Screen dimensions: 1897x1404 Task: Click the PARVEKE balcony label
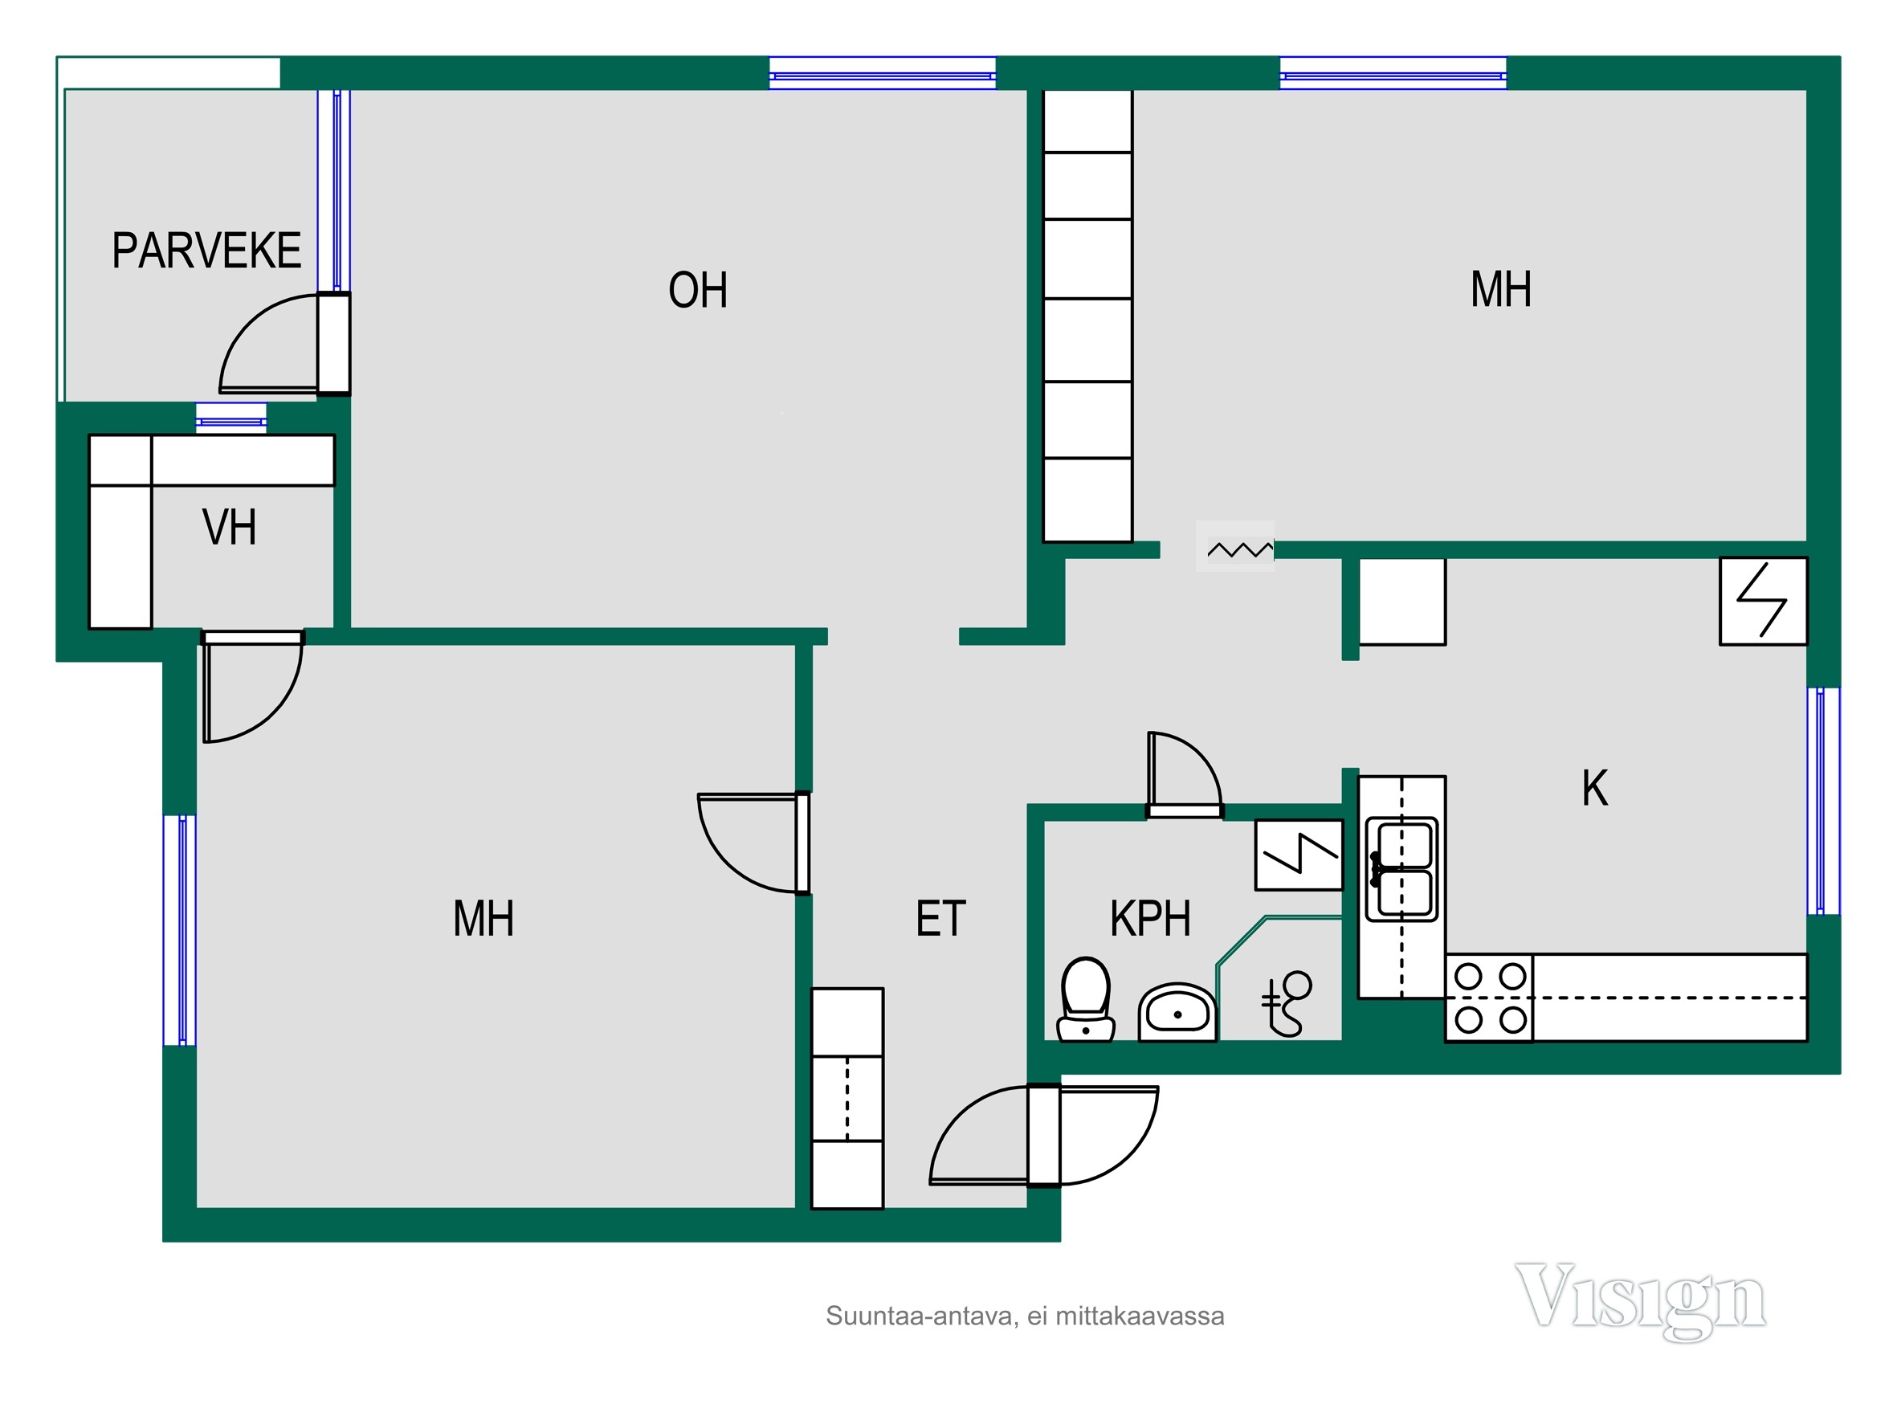click(x=206, y=251)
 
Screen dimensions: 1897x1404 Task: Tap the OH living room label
click(x=698, y=290)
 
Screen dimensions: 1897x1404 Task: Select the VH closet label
click(x=230, y=527)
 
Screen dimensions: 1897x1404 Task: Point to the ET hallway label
click(x=940, y=919)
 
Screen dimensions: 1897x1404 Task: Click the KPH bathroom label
click(x=1150, y=919)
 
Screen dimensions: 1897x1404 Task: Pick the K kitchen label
click(x=1594, y=788)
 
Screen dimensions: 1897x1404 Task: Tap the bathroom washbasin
click(x=1177, y=1011)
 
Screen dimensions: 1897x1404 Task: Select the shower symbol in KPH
click(x=1287, y=1004)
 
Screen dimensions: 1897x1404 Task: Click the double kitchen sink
click(x=1401, y=869)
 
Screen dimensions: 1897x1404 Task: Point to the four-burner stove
click(x=1490, y=998)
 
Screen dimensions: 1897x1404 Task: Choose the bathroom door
click(x=1185, y=774)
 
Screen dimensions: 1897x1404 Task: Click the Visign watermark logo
click(x=1640, y=1301)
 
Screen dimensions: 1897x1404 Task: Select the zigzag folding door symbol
click(x=1240, y=550)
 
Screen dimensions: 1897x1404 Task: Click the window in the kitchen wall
click(x=1822, y=801)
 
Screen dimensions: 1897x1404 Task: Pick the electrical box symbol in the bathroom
click(x=1299, y=855)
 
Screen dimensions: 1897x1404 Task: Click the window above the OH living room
click(x=882, y=73)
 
